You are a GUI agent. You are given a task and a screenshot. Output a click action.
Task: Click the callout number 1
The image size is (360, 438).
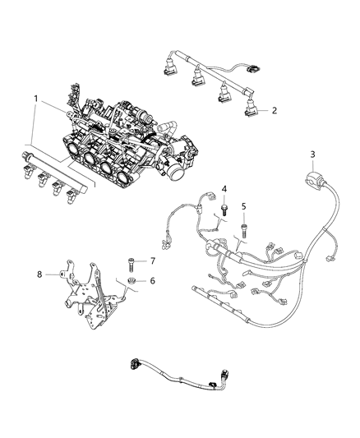[x=35, y=99]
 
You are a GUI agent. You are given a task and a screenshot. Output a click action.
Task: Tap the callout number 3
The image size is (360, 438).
[x=312, y=154]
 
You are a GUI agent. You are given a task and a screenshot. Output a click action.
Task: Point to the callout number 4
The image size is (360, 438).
[x=224, y=190]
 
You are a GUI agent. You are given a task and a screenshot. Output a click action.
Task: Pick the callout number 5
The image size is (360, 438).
[x=243, y=205]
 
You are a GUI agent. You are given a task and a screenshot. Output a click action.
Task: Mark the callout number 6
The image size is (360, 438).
[x=150, y=280]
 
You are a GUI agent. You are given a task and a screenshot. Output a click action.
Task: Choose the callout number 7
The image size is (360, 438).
[x=150, y=260]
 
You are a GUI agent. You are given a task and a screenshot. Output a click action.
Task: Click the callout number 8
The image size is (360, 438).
[x=39, y=274]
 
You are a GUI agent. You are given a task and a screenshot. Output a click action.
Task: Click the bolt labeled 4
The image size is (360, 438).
[x=224, y=211]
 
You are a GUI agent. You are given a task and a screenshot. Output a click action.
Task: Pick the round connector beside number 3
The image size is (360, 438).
[x=312, y=178]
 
